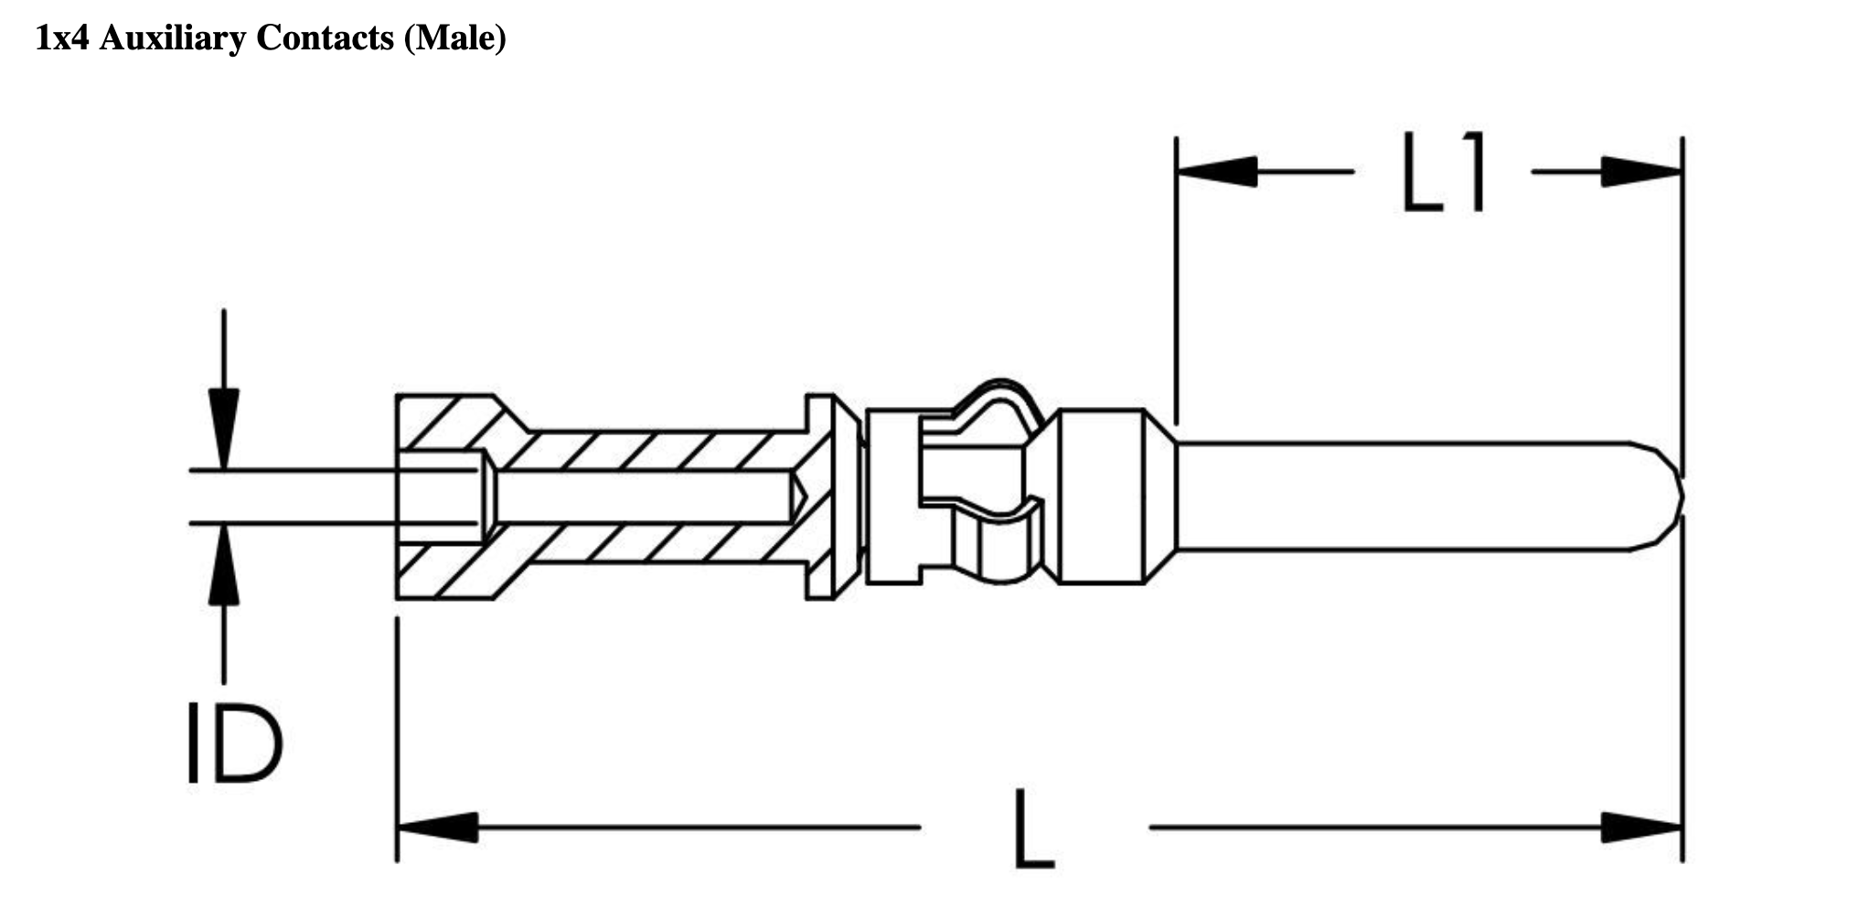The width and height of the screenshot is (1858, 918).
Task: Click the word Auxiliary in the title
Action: coord(173,37)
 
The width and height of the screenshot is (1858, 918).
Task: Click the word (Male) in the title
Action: coord(454,37)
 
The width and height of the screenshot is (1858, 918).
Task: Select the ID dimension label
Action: coord(234,743)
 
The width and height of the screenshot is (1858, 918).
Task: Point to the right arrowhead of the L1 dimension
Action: coord(1640,171)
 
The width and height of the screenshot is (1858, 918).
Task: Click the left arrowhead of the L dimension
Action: coord(439,827)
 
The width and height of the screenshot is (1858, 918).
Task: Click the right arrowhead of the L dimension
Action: coord(1640,827)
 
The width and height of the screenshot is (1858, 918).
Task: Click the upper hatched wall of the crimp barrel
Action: coord(640,450)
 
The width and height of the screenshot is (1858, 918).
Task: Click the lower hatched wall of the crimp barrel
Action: coord(640,543)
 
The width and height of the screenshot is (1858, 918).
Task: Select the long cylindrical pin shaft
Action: coord(1399,496)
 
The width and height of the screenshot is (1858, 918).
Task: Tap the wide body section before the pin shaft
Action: coord(1101,496)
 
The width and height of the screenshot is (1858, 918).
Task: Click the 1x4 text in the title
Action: coord(63,37)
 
